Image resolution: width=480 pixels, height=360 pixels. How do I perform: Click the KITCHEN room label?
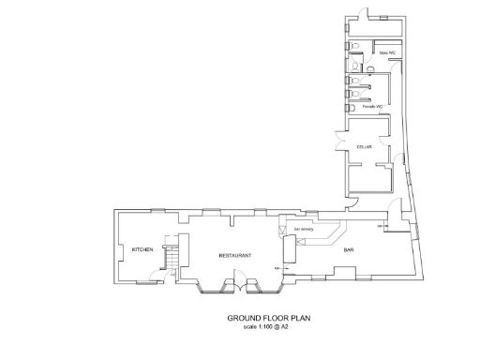pos(142,249)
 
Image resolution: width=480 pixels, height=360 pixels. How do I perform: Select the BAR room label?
pos(348,250)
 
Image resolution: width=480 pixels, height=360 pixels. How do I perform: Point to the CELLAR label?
pos(365,148)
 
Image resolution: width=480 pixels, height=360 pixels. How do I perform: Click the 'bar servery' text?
pos(302,228)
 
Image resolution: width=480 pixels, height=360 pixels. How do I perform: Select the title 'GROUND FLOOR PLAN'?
pos(268,319)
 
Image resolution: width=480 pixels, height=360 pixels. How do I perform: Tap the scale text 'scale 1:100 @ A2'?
pos(268,327)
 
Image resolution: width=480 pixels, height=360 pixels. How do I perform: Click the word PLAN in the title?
pos(299,319)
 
